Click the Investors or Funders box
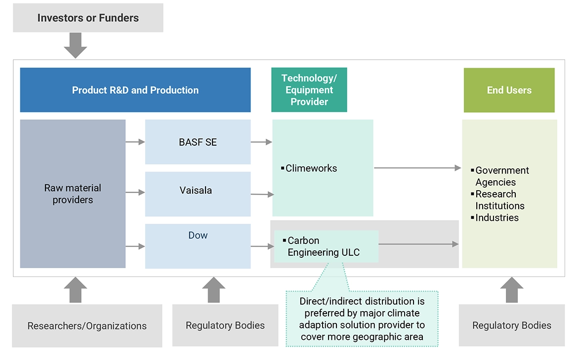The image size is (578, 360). coord(88,18)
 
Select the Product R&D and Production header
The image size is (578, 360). coord(135,90)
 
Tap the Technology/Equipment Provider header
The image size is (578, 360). coord(309,90)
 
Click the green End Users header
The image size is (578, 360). coord(509,90)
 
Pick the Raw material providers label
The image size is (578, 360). coord(73,194)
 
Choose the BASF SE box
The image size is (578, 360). coord(198,142)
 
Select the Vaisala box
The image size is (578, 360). coord(198,190)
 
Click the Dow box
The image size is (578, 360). coord(198,236)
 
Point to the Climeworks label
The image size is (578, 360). coord(311,168)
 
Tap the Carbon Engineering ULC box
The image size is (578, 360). coord(326,246)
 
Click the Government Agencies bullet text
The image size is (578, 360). coord(501,176)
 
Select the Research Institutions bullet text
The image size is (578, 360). coord(499,200)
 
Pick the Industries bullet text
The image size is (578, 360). coord(496,218)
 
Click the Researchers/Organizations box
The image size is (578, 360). coord(87,325)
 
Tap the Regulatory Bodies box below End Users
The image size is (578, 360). coord(511,325)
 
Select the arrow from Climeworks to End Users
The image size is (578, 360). coord(417,168)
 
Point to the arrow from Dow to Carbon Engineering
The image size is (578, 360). coord(262,246)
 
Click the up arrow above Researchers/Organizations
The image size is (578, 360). coord(75,290)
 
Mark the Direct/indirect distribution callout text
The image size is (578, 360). coord(362,319)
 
